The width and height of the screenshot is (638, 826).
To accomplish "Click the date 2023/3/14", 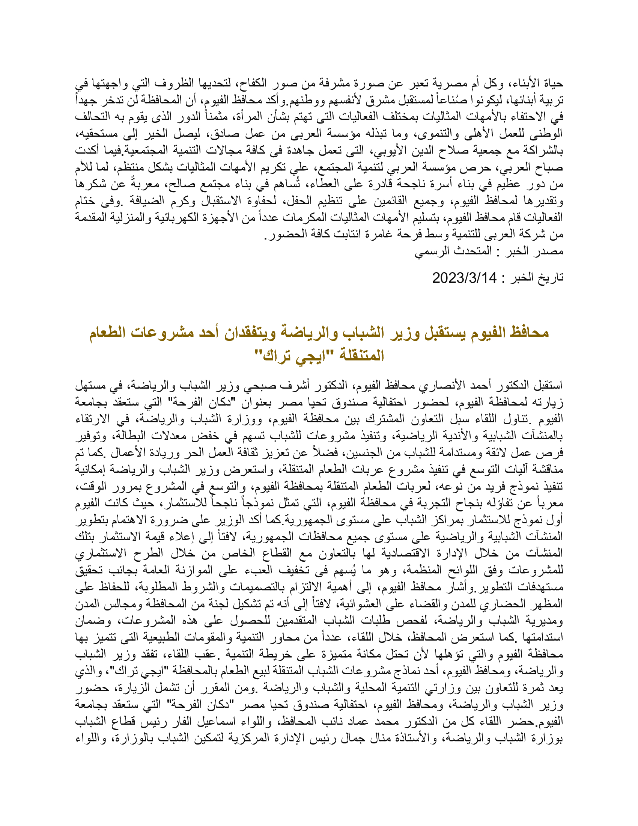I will coord(464,278).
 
